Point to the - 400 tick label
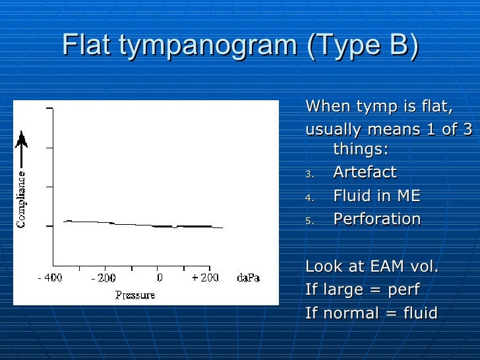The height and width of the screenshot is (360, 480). pyautogui.click(x=50, y=278)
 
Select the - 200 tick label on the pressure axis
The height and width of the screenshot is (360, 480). pyautogui.click(x=104, y=278)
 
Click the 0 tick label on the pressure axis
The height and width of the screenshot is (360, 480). pyautogui.click(x=159, y=278)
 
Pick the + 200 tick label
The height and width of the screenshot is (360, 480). pyautogui.click(x=204, y=278)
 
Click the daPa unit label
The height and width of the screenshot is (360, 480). pyautogui.click(x=249, y=278)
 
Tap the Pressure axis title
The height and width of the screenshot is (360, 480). pyautogui.click(x=135, y=295)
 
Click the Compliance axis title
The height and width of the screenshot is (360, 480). pyautogui.click(x=22, y=200)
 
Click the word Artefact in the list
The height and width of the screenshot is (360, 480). pyautogui.click(x=365, y=173)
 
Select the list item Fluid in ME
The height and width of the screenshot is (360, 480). pyautogui.click(x=376, y=196)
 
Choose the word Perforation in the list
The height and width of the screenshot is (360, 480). pyautogui.click(x=376, y=219)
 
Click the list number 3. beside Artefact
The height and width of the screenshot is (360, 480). pyautogui.click(x=311, y=175)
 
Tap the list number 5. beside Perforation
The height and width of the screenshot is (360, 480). pyautogui.click(x=311, y=221)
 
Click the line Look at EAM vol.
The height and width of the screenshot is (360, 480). pyautogui.click(x=372, y=267)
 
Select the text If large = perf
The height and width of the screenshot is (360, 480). pyautogui.click(x=362, y=290)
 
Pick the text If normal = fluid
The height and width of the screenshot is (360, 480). pyautogui.click(x=371, y=313)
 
